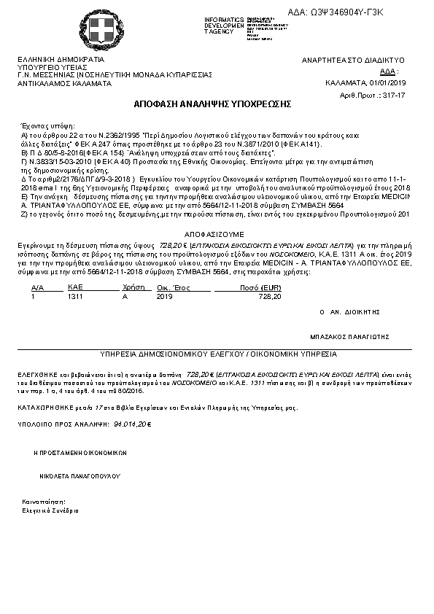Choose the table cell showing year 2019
(165, 297)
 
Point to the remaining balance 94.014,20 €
(132, 423)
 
